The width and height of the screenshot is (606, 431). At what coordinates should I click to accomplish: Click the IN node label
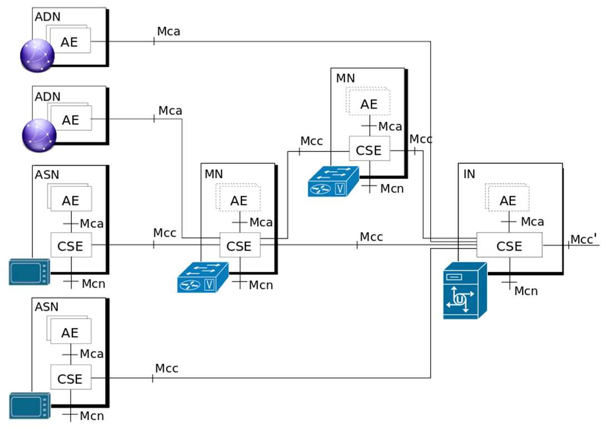[469, 174]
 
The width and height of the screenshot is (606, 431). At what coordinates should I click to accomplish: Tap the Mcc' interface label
[584, 239]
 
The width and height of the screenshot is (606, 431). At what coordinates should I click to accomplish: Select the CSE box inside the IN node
[509, 245]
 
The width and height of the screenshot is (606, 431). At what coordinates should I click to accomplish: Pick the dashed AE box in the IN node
[507, 198]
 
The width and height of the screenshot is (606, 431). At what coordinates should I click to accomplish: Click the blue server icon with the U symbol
[465, 291]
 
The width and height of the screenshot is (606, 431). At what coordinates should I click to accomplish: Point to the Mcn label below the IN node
[526, 291]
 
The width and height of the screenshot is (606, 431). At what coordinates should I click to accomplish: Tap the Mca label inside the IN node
[532, 222]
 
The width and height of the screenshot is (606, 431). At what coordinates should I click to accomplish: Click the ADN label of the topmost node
[47, 17]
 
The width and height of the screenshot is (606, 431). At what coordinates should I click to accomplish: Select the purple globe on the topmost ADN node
[37, 55]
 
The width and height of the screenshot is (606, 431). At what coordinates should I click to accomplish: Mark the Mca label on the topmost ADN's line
[169, 31]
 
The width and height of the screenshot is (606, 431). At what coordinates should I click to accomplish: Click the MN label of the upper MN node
[345, 78]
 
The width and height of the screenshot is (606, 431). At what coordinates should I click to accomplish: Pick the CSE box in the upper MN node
[369, 149]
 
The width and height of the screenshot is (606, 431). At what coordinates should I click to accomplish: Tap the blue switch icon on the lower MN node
[203, 277]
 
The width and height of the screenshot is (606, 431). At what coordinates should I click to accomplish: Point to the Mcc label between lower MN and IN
[371, 237]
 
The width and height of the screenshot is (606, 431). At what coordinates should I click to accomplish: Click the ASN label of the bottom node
[47, 307]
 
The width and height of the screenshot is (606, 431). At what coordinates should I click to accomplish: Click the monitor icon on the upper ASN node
[29, 272]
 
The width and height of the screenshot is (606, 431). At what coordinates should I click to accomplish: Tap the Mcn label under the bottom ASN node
[92, 416]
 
